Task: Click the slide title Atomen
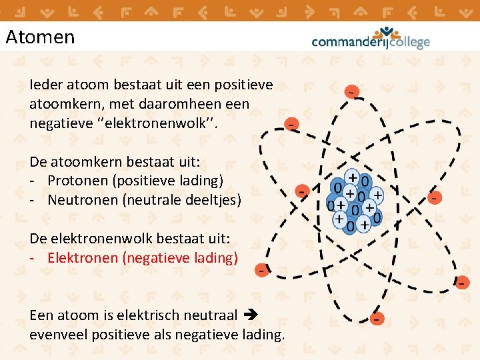coord(40,37)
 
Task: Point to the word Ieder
coord(45,85)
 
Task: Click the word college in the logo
coord(405,42)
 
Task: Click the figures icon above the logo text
coord(387,31)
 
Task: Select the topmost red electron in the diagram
coord(350,91)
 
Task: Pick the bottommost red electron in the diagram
coord(377,319)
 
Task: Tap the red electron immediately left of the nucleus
coord(302,191)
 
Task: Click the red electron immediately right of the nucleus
coord(435,197)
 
